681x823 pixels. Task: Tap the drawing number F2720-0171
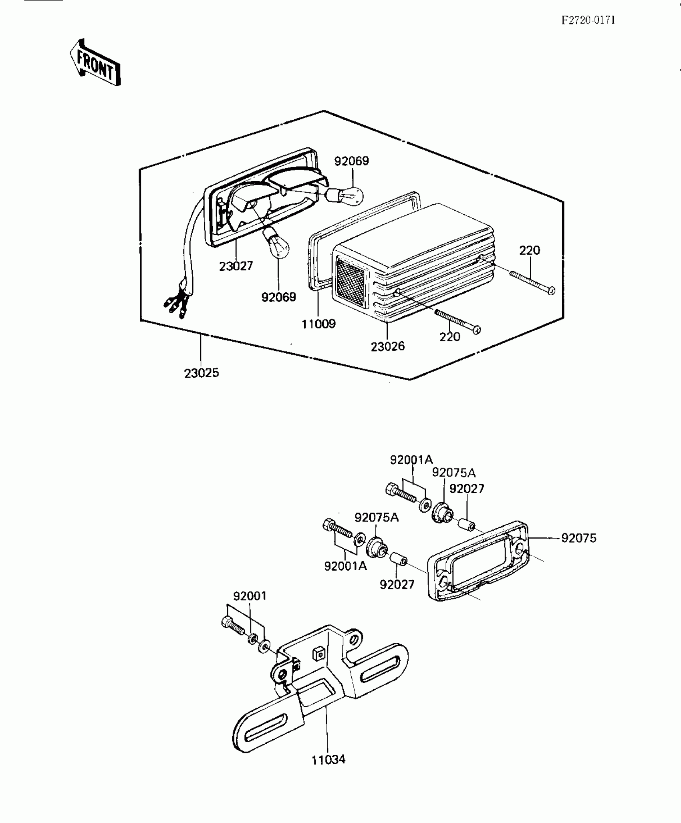[588, 20]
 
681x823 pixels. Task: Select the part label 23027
[236, 266]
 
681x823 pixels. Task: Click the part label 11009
[318, 324]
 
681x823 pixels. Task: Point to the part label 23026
[387, 346]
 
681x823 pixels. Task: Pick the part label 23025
[201, 373]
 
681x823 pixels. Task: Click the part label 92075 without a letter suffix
[578, 538]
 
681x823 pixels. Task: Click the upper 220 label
[530, 251]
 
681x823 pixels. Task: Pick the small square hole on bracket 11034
[318, 654]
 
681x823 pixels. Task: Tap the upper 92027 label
[467, 489]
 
